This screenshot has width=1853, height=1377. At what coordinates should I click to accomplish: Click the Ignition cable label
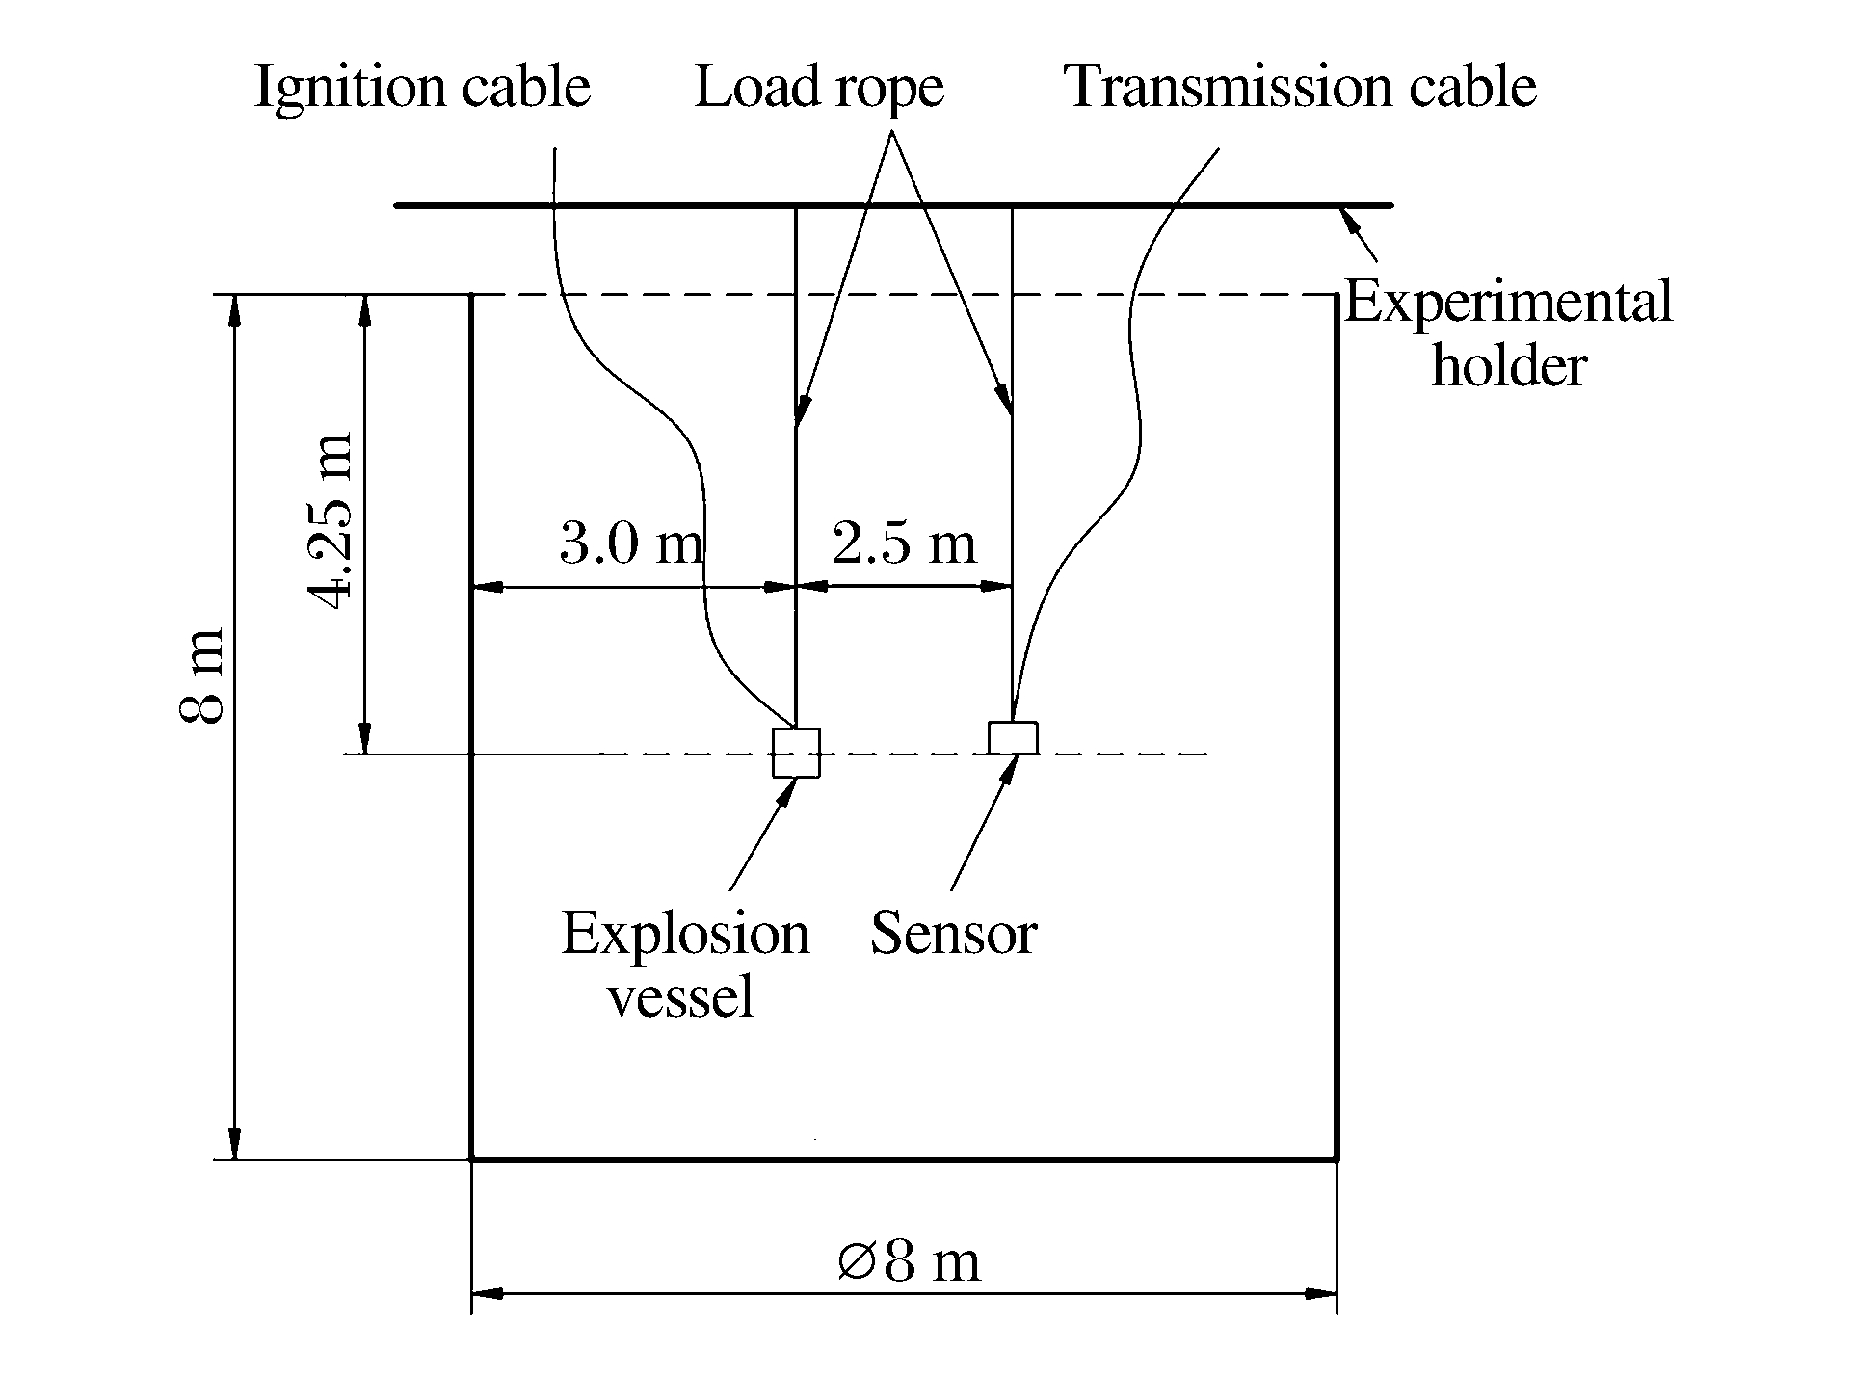pyautogui.click(x=421, y=88)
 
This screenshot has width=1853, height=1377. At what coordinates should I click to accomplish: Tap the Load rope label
pyautogui.click(x=819, y=88)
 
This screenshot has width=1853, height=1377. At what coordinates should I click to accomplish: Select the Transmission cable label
pyautogui.click(x=1300, y=88)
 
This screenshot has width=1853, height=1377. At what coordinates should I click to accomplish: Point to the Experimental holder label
pyautogui.click(x=1508, y=333)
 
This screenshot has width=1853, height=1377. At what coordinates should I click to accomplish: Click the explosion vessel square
pyautogui.click(x=796, y=753)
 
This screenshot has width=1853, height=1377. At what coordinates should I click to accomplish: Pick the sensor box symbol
pyautogui.click(x=1013, y=737)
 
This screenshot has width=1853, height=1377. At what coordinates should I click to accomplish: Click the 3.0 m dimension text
pyautogui.click(x=631, y=544)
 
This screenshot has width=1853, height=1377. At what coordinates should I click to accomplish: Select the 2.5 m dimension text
pyautogui.click(x=904, y=544)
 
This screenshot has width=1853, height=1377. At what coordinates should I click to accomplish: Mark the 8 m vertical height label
pyautogui.click(x=203, y=675)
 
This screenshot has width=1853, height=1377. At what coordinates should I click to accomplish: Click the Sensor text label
pyautogui.click(x=953, y=934)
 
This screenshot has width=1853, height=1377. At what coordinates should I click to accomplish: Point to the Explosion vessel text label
pyautogui.click(x=684, y=964)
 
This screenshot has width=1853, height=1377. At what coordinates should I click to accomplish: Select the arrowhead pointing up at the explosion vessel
pyautogui.click(x=789, y=789)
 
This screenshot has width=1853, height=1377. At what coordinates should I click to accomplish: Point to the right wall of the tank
pyautogui.click(x=1336, y=867)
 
